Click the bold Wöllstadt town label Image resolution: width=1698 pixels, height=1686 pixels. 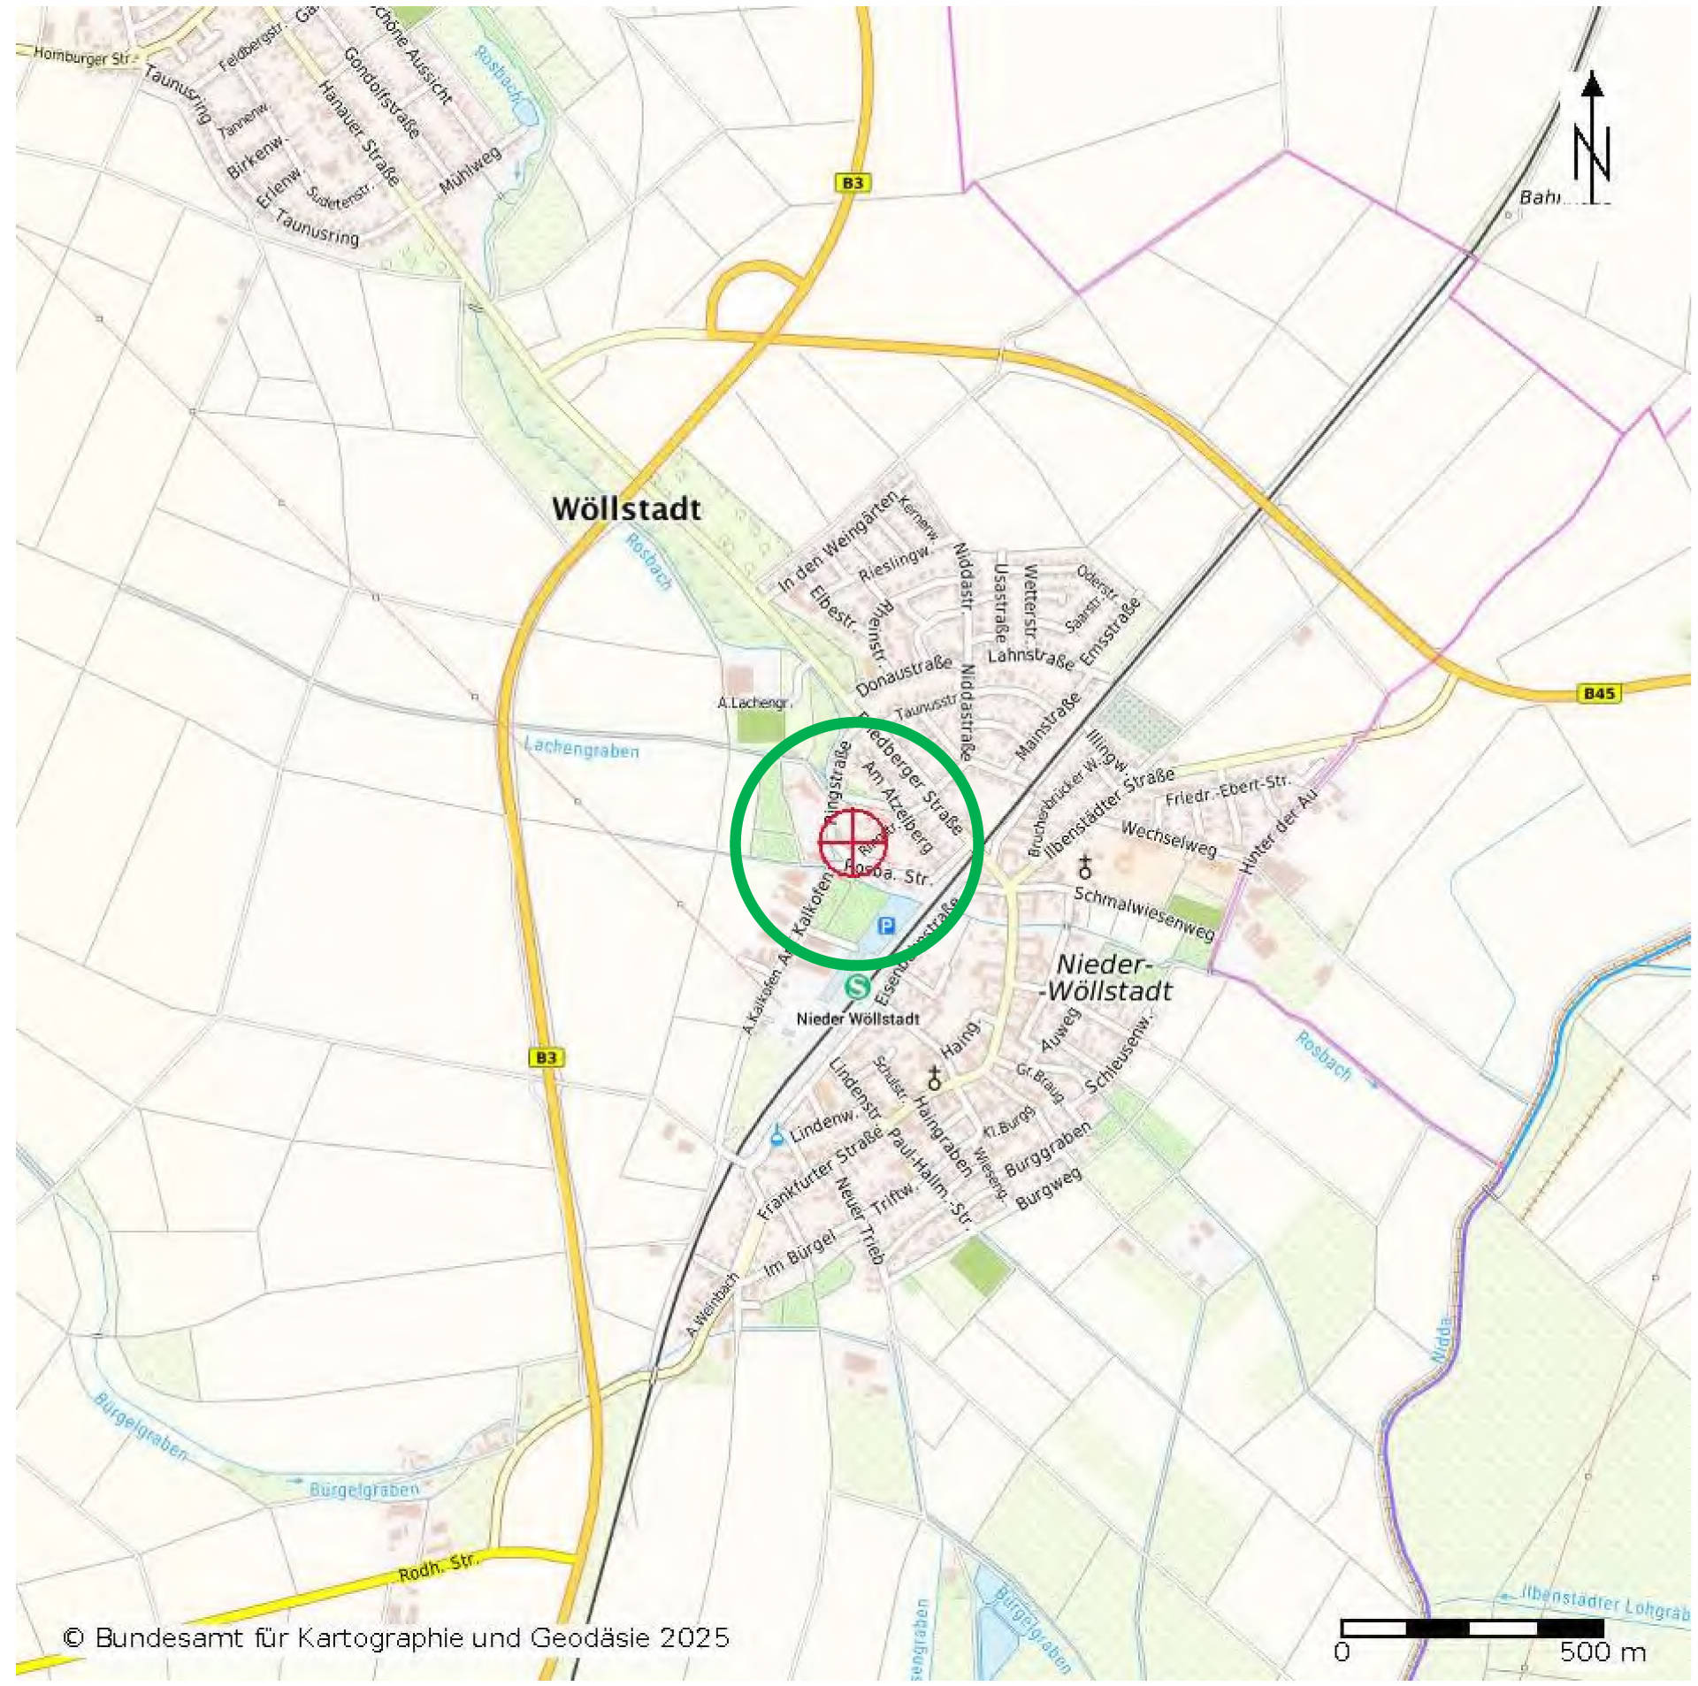pos(626,509)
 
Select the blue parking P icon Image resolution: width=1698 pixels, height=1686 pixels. pos(886,926)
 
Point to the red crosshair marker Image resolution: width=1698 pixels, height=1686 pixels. pos(853,842)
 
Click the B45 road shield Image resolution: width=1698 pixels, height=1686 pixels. pos(1599,693)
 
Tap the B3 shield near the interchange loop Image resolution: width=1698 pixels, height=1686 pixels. pos(852,183)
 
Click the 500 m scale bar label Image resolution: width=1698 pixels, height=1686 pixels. pos(1602,1652)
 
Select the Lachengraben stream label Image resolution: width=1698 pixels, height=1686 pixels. pos(581,749)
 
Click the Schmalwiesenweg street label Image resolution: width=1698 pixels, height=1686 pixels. pos(1144,913)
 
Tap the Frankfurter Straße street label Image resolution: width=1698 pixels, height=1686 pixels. pos(820,1172)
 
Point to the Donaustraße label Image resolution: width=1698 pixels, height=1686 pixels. pos(904,675)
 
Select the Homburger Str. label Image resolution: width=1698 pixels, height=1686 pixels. pos(84,57)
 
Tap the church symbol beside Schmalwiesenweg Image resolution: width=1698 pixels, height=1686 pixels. pos(1085,867)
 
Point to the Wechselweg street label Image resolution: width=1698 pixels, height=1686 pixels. pos(1168,838)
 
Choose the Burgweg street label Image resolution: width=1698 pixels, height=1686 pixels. pos(1049,1188)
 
